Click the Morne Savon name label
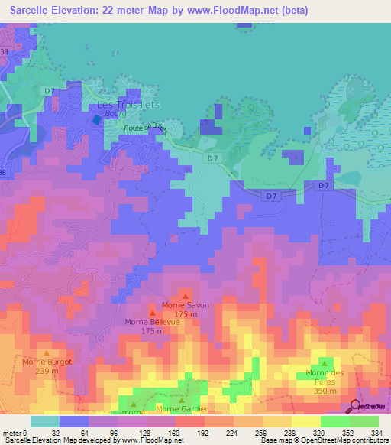click(x=186, y=305)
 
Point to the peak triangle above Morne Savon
click(x=186, y=296)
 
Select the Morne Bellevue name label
click(x=152, y=322)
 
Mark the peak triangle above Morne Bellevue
click(x=152, y=313)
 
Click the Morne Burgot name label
click(x=47, y=362)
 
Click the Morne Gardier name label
click(x=182, y=409)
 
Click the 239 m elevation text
click(x=47, y=371)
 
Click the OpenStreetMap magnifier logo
click(x=356, y=405)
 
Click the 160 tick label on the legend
click(x=176, y=431)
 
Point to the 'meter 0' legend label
click(x=15, y=431)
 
